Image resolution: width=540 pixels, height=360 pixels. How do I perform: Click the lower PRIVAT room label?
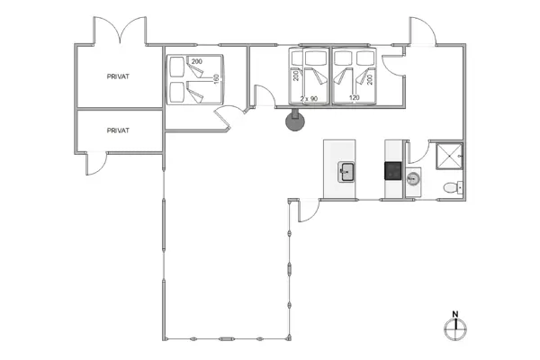pyautogui.click(x=119, y=130)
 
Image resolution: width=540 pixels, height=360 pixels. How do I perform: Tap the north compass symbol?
pyautogui.click(x=455, y=328)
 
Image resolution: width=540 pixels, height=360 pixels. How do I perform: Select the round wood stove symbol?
pyautogui.click(x=294, y=121)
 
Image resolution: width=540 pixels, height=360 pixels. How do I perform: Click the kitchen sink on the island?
pyautogui.click(x=346, y=171)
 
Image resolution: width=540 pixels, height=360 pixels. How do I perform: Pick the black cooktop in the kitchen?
pyautogui.click(x=392, y=169)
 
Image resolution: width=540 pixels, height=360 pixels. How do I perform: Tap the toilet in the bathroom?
pyautogui.click(x=453, y=187)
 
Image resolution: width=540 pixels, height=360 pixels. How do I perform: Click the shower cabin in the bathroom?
pyautogui.click(x=445, y=157)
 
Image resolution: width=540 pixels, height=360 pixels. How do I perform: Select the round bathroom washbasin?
pyautogui.click(x=414, y=178)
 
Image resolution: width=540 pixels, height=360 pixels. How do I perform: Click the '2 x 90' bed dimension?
pyautogui.click(x=310, y=97)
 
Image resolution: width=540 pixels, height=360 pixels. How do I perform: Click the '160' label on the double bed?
pyautogui.click(x=215, y=79)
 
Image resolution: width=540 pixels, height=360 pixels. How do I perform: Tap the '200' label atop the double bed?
pyautogui.click(x=196, y=59)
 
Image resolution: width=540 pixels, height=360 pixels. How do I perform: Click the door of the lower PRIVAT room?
pyautogui.click(x=97, y=163)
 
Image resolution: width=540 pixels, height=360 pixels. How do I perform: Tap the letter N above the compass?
pyautogui.click(x=455, y=315)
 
